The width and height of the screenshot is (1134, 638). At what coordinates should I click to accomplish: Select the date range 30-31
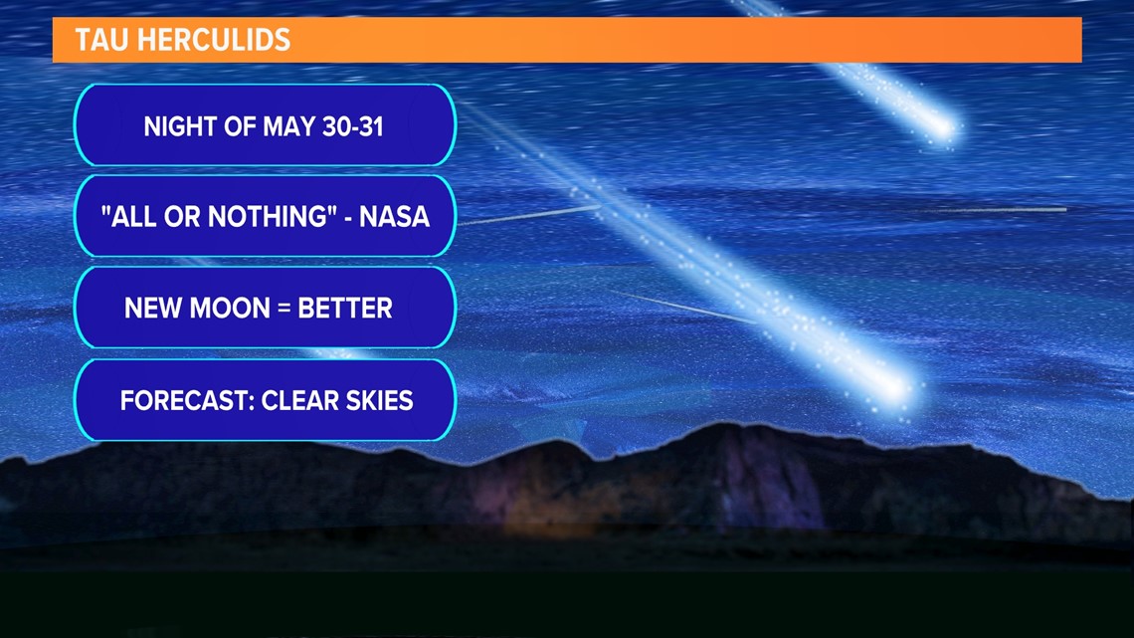pyautogui.click(x=353, y=126)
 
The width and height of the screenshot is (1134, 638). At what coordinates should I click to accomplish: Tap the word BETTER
pyautogui.click(x=345, y=309)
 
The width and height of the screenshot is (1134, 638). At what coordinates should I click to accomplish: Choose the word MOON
pyautogui.click(x=228, y=309)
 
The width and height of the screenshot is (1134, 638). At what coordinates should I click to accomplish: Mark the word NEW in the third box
pyautogui.click(x=151, y=309)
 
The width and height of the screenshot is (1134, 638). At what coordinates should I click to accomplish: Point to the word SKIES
pyautogui.click(x=379, y=400)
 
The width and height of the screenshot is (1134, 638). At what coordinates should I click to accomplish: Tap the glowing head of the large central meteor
pyautogui.click(x=897, y=390)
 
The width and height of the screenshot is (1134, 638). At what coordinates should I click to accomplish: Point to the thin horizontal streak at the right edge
pyautogui.click(x=998, y=210)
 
